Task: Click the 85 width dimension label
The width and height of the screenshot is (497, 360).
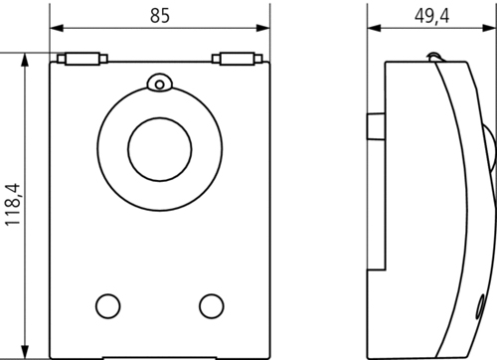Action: pyautogui.click(x=160, y=16)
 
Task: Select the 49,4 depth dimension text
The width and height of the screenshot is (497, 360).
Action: pyautogui.click(x=431, y=16)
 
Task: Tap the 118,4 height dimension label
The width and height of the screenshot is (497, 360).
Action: pyautogui.click(x=13, y=205)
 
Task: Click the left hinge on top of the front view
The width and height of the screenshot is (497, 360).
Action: pyautogui.click(x=83, y=59)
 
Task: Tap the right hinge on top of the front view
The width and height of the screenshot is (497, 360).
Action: pyautogui.click(x=238, y=59)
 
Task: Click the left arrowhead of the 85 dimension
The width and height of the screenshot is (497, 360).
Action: pyautogui.click(x=57, y=28)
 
